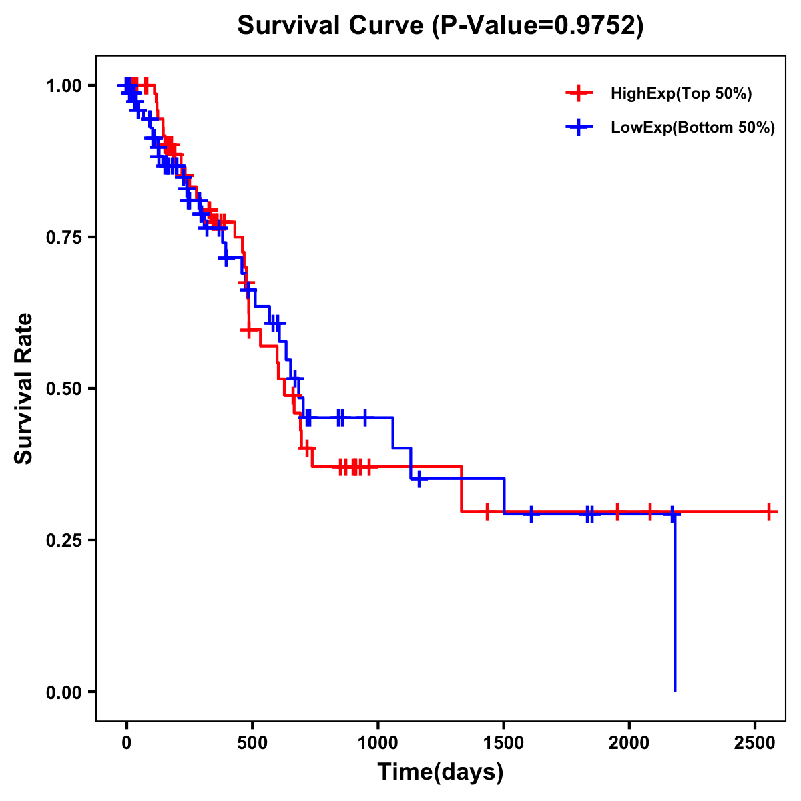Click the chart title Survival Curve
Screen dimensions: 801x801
click(x=330, y=26)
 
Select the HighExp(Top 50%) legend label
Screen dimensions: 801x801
click(x=681, y=94)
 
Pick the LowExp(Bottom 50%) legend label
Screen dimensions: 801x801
click(x=692, y=128)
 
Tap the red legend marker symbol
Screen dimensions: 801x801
click(x=579, y=93)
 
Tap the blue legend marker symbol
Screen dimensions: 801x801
click(x=579, y=127)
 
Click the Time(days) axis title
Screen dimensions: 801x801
click(x=441, y=772)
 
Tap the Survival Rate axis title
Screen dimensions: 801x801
click(x=25, y=388)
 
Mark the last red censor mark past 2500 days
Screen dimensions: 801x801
click(x=769, y=512)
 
